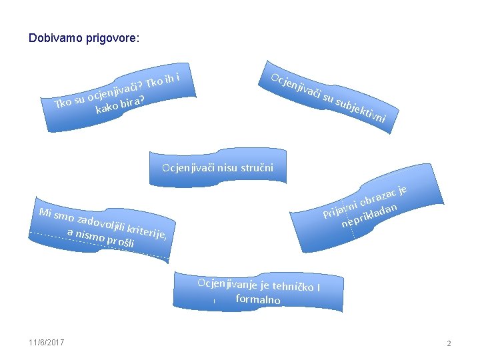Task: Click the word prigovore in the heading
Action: pos(111,39)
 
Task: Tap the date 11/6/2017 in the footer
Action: pos(47,343)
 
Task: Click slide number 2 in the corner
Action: pos(449,343)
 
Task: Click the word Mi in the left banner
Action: pos(46,213)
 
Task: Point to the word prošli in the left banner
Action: pos(121,242)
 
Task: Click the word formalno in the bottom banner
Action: pos(257,299)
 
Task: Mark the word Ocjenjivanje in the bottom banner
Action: pos(224,282)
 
